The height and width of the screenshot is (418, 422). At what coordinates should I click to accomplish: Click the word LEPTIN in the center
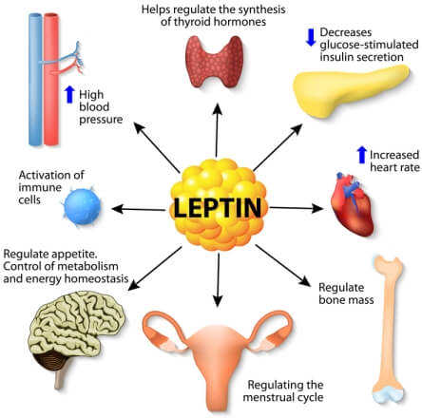coord(218,207)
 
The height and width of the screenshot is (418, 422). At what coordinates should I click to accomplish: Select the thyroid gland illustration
coord(214,62)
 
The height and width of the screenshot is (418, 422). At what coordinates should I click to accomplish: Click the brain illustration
coord(76,335)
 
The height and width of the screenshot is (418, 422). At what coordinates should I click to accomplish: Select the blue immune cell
coord(82,206)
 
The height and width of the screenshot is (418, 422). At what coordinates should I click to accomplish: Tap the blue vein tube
coord(35,79)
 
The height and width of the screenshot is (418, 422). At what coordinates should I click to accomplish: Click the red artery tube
coord(50,79)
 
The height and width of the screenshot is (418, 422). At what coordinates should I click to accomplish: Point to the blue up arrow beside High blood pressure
coord(69,94)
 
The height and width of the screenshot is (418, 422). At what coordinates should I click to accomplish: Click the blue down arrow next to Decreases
coord(311,37)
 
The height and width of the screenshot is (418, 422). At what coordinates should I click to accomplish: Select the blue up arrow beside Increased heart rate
coord(361,155)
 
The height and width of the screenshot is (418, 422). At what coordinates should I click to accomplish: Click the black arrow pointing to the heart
coord(297,208)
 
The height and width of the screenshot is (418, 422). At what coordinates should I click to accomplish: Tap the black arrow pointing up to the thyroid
coord(217,130)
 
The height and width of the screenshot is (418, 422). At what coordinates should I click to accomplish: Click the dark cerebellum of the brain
coord(50,363)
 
